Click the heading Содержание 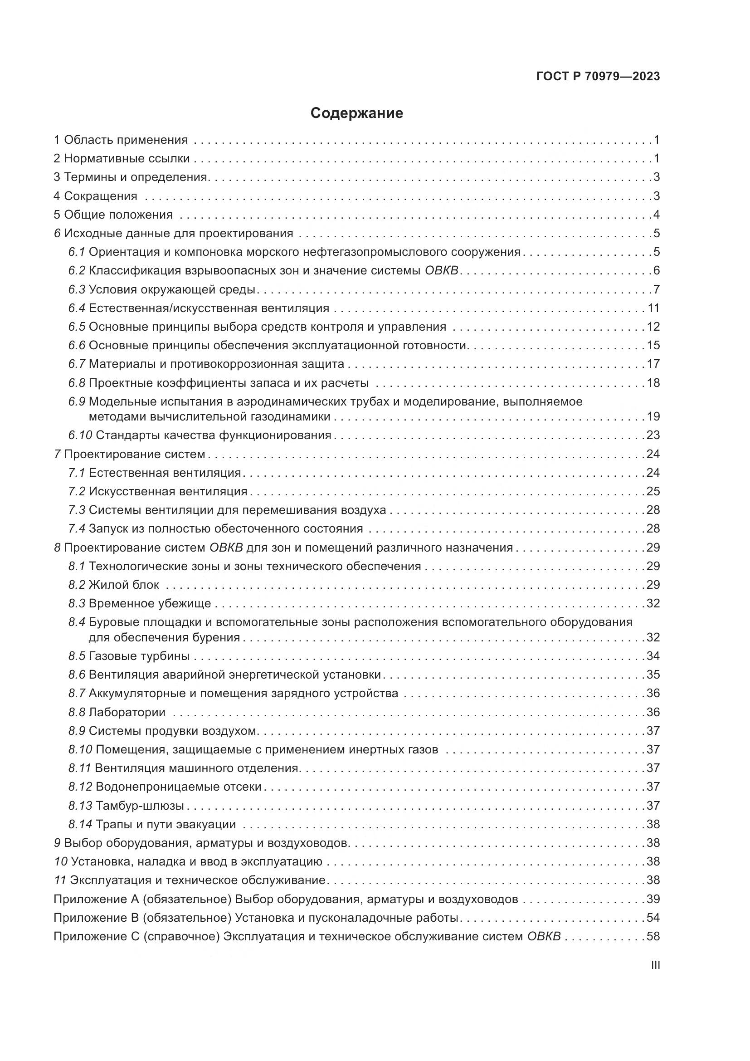tap(356, 113)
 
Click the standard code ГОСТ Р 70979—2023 tap(598, 77)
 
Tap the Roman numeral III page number tap(655, 965)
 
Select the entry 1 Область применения tap(121, 140)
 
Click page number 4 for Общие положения tap(656, 215)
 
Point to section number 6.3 tap(77, 290)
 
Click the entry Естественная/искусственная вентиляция tap(209, 308)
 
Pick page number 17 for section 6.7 tap(653, 364)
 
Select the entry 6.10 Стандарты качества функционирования tap(200, 435)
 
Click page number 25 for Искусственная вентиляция tap(653, 491)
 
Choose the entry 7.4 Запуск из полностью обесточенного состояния tap(216, 528)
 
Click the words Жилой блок tap(124, 585)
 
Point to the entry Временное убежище tap(150, 603)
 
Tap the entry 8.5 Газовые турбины tap(129, 656)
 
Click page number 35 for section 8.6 tap(653, 675)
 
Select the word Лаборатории tap(127, 712)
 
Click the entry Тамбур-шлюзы tap(140, 806)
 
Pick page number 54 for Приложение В tap(653, 918)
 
